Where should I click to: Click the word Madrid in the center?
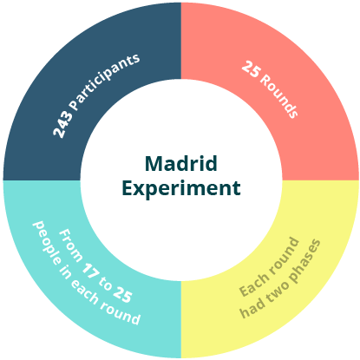[181, 164]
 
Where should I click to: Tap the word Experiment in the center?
[181, 188]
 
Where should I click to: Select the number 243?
[63, 124]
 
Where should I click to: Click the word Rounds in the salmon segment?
[278, 96]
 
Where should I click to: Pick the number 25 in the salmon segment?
[251, 69]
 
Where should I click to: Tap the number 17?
[90, 271]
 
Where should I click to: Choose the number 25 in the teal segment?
[122, 294]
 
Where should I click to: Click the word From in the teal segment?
[70, 245]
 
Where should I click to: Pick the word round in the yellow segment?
[284, 254]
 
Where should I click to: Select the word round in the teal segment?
[121, 314]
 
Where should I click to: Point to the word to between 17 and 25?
[105, 284]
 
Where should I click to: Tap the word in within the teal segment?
[65, 272]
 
